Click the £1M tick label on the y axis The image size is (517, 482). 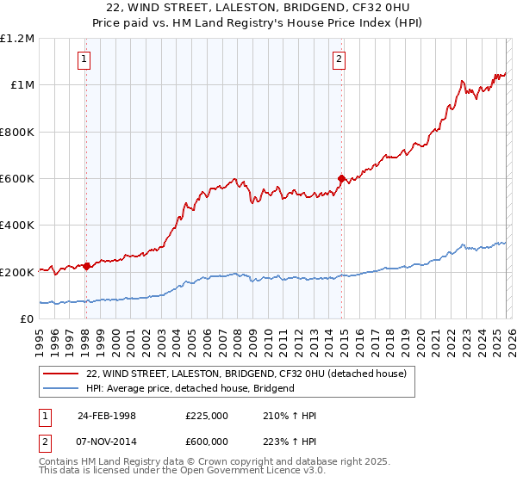coord(19,84)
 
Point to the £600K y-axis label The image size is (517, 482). coord(16,178)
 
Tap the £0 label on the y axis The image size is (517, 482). coord(26,318)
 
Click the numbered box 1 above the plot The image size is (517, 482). coord(84,59)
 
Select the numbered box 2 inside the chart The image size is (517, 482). coord(339,59)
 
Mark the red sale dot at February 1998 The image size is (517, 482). coord(87,266)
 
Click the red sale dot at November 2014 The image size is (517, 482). coord(341,179)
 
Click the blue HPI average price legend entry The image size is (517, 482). coord(190,388)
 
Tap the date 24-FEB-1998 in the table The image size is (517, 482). coord(107,416)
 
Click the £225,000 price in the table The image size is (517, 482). coord(207,416)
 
